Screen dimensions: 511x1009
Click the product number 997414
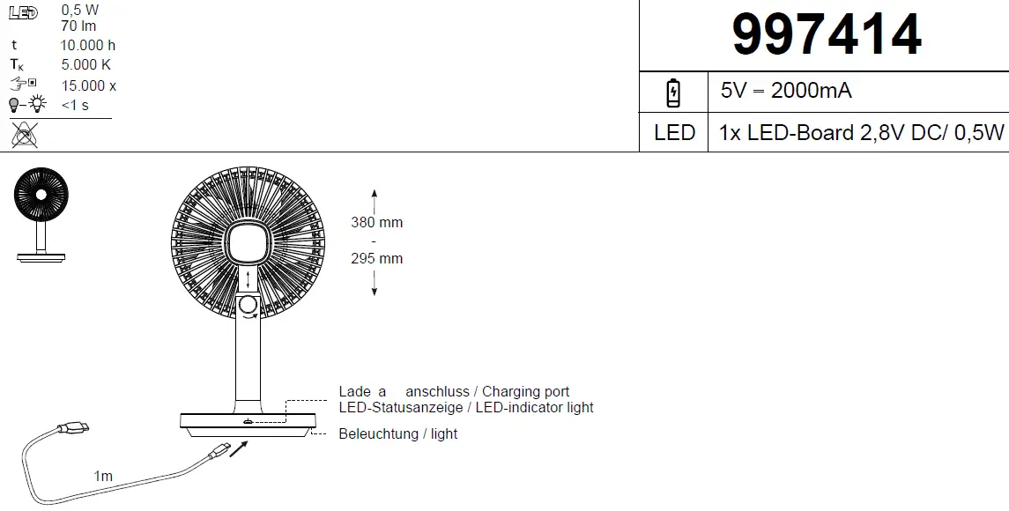(x=827, y=36)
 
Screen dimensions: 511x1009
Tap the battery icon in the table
(x=673, y=92)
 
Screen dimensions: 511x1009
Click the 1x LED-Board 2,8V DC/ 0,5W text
(x=861, y=133)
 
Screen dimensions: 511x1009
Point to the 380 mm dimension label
(x=376, y=223)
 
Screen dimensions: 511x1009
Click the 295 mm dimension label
(x=376, y=258)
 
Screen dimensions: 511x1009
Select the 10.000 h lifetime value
(x=88, y=45)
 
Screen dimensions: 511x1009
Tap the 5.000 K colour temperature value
(x=86, y=65)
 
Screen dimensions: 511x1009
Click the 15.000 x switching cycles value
(x=89, y=85)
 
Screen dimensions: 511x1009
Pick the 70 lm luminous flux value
(x=78, y=26)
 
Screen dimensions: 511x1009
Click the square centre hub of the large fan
(x=249, y=244)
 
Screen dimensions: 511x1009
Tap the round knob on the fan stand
(x=249, y=306)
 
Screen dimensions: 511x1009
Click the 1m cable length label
(x=103, y=476)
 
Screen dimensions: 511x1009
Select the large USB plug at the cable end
(x=71, y=429)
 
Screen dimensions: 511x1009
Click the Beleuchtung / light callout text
(x=398, y=433)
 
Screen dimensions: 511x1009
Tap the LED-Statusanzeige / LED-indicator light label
(x=465, y=408)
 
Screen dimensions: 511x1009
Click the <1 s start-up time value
(x=75, y=106)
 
